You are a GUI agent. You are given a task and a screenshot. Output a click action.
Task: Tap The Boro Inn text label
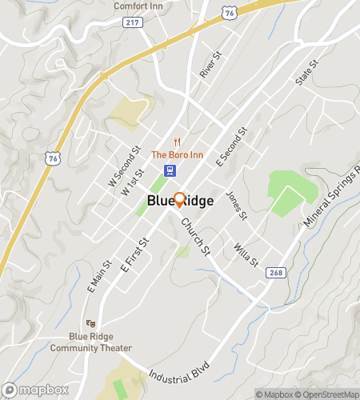(x=177, y=155)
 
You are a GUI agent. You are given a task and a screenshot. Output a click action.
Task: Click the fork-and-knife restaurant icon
(x=177, y=142)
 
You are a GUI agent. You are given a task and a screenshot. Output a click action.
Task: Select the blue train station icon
(x=170, y=170)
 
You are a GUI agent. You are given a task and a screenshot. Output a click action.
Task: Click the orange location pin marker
(x=180, y=200)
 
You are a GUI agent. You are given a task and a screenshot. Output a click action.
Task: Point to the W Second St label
(x=124, y=166)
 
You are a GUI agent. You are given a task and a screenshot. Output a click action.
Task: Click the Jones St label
(x=235, y=205)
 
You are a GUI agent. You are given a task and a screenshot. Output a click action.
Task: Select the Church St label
(x=195, y=237)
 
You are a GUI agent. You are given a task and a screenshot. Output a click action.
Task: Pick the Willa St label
(x=246, y=254)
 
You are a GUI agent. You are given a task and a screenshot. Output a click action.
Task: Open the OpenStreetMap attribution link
(x=326, y=394)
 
